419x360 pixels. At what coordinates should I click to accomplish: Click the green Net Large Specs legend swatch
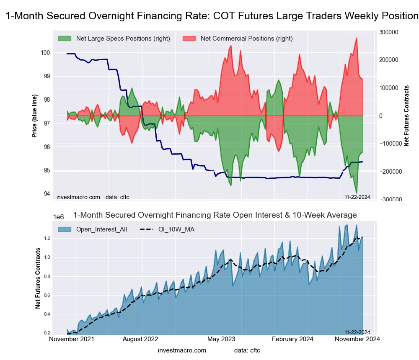tap(65, 39)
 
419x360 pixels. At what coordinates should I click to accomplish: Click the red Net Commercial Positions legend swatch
tap(190, 39)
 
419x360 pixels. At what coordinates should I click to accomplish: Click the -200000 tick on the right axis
tap(389, 172)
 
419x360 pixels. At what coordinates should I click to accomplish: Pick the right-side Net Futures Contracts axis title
tap(406, 116)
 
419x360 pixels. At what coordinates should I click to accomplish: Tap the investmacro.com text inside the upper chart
tap(78, 197)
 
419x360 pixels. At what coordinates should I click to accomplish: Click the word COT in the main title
tap(224, 16)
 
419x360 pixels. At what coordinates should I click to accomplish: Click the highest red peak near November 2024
tap(357, 38)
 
